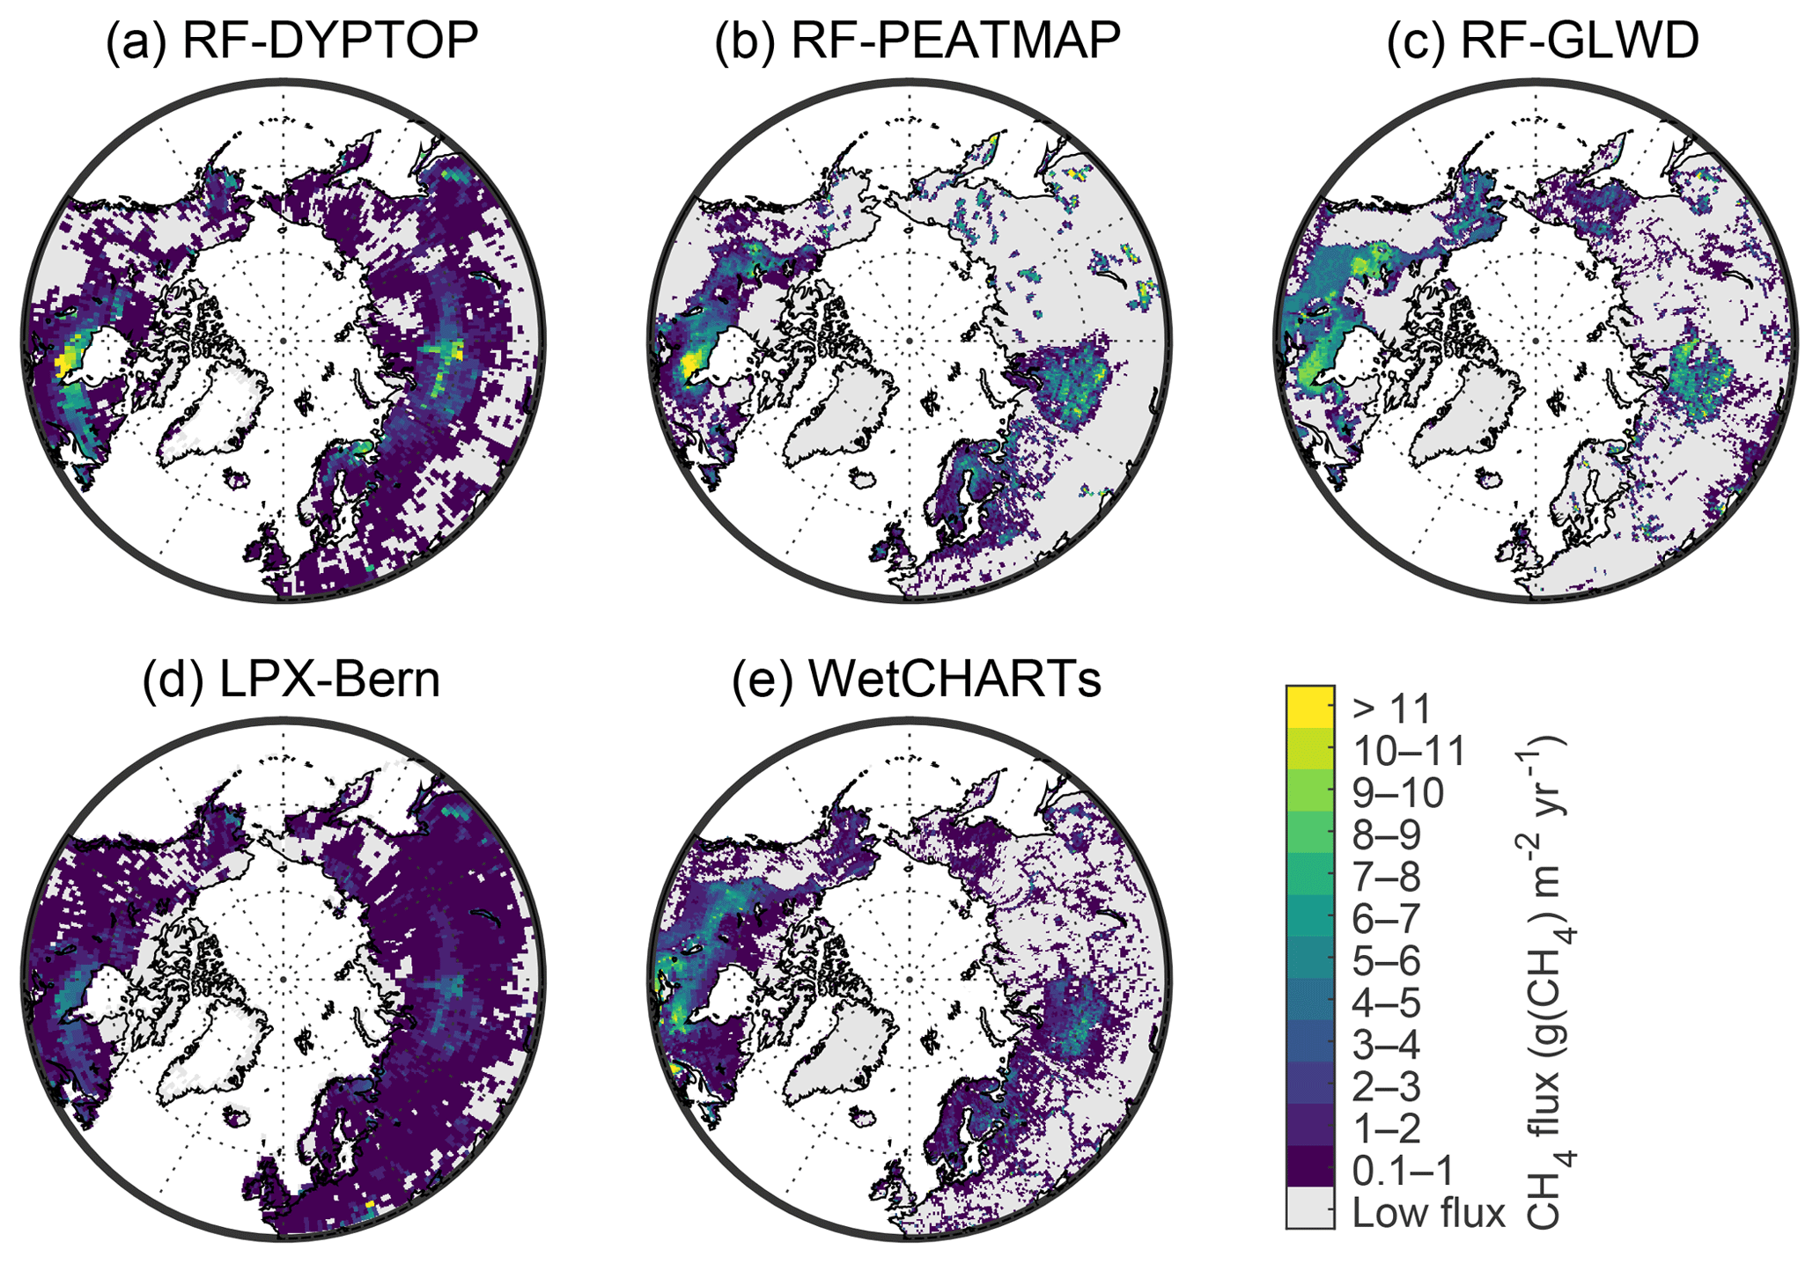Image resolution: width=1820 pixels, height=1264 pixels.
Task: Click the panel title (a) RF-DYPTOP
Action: tap(291, 41)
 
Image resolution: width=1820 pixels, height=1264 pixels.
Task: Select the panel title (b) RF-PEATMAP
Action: tap(917, 41)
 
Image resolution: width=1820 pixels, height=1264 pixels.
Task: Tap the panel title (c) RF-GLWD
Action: tap(1543, 41)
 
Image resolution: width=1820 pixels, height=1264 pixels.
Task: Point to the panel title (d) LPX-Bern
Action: tap(291, 679)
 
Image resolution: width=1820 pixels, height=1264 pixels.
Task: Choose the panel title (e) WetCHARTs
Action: tap(917, 679)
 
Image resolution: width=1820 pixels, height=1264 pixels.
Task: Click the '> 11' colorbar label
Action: tap(1394, 709)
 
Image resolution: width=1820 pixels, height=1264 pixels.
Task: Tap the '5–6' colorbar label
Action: tap(1387, 961)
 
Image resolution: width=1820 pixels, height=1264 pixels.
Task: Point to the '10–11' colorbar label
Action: tap(1410, 752)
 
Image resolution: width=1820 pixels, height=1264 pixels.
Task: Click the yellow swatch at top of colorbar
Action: tap(1310, 706)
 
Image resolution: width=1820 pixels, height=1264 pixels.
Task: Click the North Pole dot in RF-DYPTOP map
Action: tap(283, 341)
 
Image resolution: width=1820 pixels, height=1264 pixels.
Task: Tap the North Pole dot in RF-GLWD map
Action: tap(1535, 341)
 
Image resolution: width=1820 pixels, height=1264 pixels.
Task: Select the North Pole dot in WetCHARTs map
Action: tap(909, 979)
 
